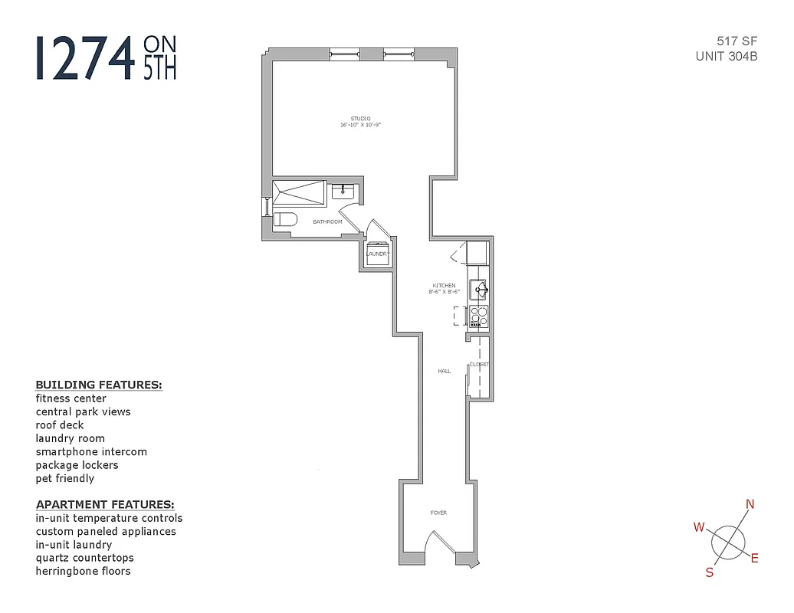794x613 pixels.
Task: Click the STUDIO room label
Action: tap(360, 118)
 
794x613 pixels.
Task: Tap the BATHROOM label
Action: tap(327, 222)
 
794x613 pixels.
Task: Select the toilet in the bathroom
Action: tap(285, 220)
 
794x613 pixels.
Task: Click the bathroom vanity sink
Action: tap(343, 191)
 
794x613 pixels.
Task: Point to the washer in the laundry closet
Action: tap(377, 254)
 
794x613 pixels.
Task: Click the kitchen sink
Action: tap(478, 289)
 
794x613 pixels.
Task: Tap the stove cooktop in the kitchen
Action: tap(478, 316)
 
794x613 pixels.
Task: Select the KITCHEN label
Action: tap(444, 286)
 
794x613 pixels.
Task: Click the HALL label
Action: tap(444, 371)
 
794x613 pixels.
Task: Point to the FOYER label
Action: tap(438, 513)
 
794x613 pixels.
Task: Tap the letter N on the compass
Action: tap(750, 503)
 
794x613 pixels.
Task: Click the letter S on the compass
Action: tap(710, 572)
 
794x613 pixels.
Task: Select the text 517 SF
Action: tap(737, 42)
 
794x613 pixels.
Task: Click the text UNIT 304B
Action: tap(727, 56)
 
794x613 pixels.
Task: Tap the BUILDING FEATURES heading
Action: tap(99, 385)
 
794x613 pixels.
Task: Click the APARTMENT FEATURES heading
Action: tap(105, 504)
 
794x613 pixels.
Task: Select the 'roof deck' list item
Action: tap(60, 425)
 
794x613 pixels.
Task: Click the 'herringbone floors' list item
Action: tap(83, 571)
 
